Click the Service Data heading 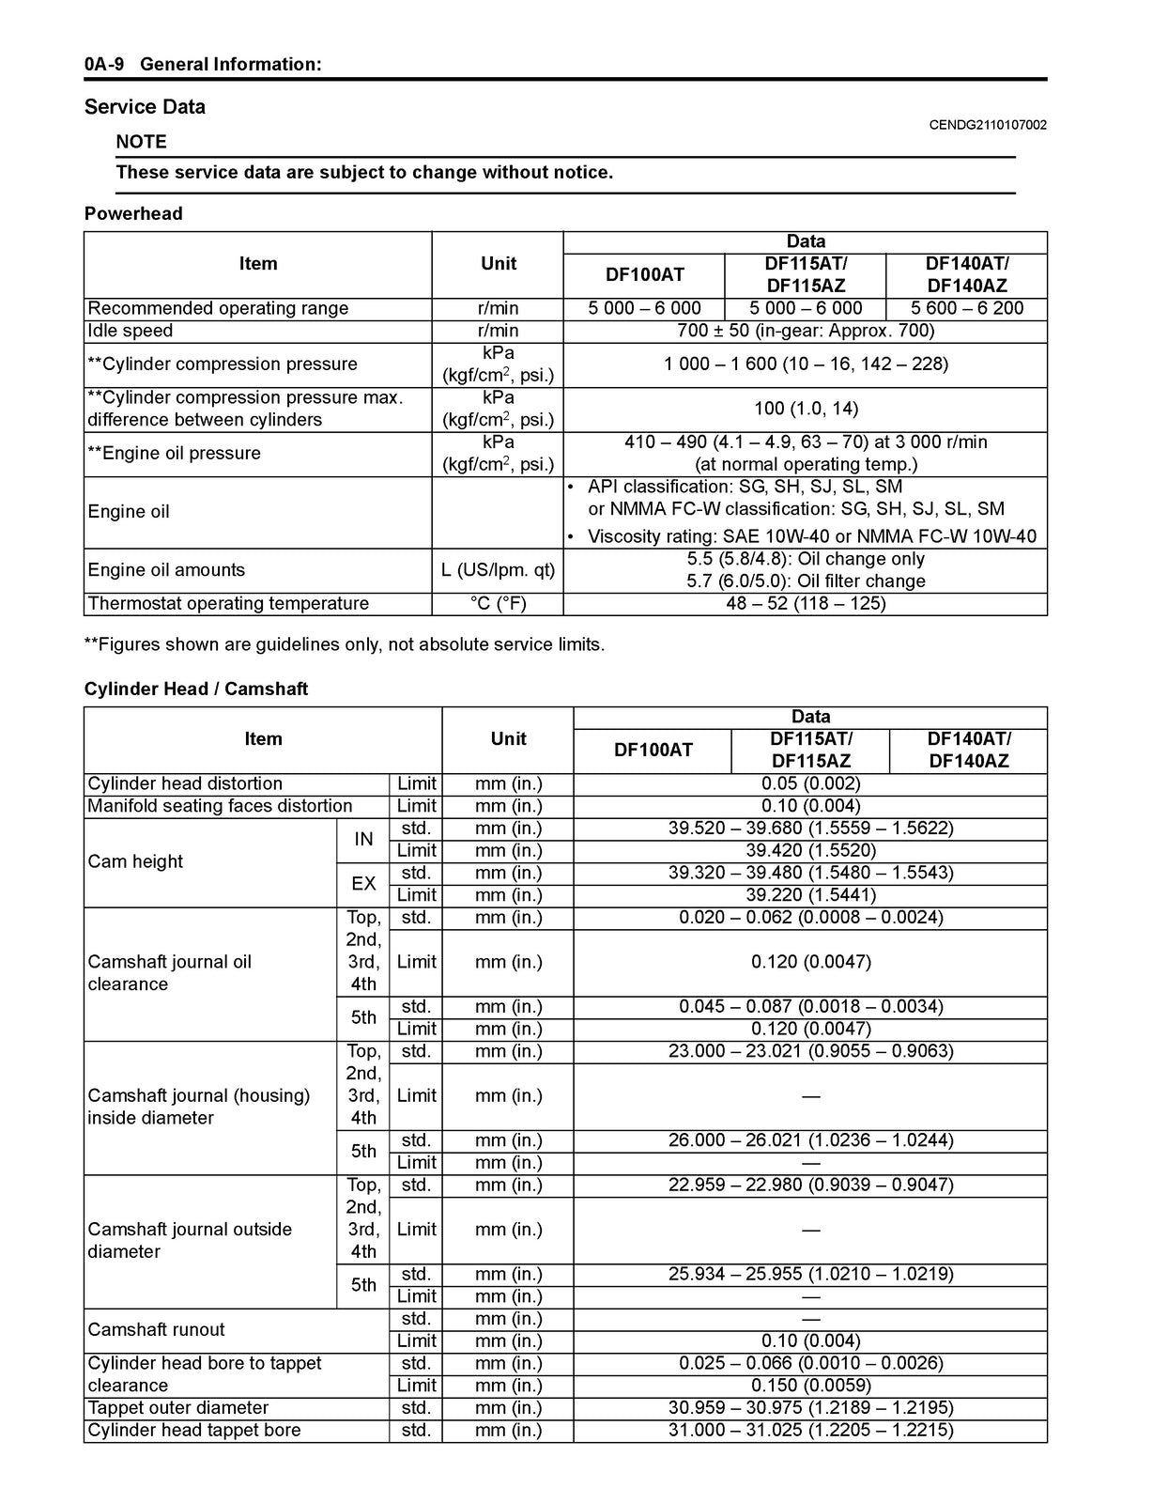(145, 107)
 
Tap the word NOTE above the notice (141, 142)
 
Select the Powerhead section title (133, 214)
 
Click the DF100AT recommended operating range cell (644, 309)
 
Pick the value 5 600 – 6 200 (966, 309)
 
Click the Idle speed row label (130, 332)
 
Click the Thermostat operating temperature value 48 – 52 (806, 604)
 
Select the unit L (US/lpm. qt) (498, 570)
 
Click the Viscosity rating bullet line (811, 537)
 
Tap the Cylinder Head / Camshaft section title (195, 690)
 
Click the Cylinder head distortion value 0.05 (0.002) (810, 784)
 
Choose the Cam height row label (135, 862)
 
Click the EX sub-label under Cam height (363, 884)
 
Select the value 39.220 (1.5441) (810, 895)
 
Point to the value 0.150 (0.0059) (810, 1386)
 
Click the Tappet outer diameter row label (177, 1408)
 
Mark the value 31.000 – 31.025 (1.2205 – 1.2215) (810, 1431)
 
